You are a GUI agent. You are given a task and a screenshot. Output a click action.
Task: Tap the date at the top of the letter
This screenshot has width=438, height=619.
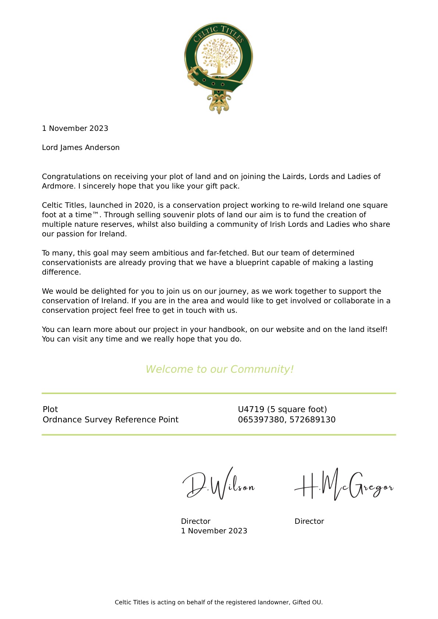click(x=75, y=128)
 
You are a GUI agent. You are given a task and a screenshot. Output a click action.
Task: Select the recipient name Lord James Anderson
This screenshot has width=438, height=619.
click(x=81, y=147)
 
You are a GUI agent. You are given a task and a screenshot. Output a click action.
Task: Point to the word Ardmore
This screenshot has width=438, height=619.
click(x=58, y=186)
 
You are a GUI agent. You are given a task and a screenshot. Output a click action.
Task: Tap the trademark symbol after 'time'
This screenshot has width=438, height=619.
click(x=95, y=214)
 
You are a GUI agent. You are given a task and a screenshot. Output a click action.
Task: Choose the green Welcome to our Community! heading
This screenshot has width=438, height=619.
click(x=219, y=369)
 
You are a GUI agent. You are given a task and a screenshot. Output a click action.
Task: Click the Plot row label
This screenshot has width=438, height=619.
click(x=50, y=409)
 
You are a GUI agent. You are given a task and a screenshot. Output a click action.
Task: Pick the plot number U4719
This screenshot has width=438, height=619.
click(x=251, y=409)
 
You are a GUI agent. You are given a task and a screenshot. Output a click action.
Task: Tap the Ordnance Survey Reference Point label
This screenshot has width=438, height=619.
click(x=110, y=419)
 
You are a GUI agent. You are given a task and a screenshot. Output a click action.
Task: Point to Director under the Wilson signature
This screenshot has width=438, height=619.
click(x=196, y=521)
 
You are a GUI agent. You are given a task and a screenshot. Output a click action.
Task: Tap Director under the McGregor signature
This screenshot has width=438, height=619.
click(x=309, y=521)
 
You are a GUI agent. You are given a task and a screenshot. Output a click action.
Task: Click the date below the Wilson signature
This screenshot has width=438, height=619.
click(x=214, y=531)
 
